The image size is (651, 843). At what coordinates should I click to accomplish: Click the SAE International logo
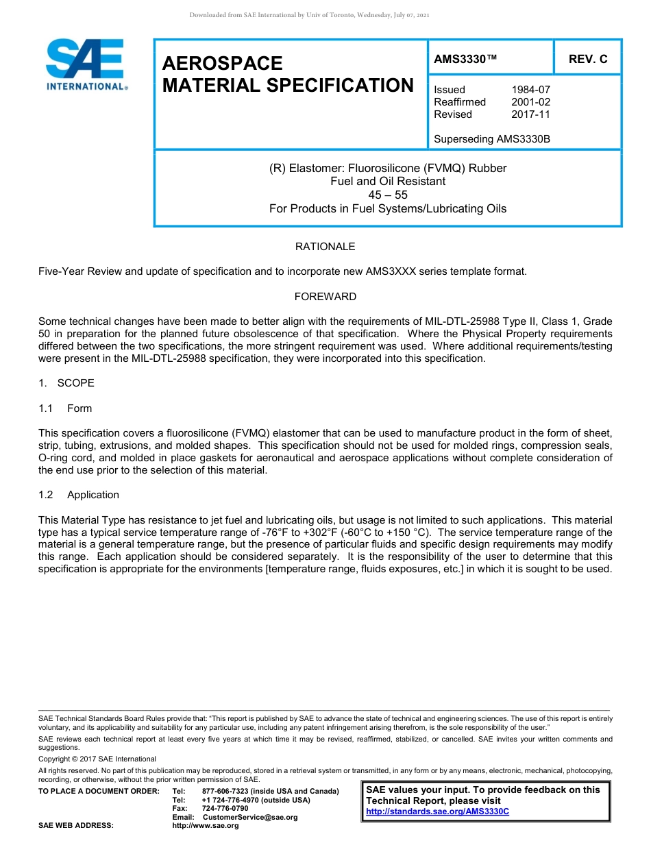pyautogui.click(x=86, y=65)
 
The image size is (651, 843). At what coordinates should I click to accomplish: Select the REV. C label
pyautogui.click(x=588, y=60)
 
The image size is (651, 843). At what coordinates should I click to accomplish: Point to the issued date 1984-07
pyautogui.click(x=530, y=90)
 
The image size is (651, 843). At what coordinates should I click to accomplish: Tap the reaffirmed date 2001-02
pyautogui.click(x=530, y=102)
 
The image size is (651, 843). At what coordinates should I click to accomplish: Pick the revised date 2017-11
pyautogui.click(x=530, y=114)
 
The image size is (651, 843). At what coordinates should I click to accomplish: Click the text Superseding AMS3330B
pyautogui.click(x=492, y=139)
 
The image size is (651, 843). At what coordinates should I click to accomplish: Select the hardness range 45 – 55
pyautogui.click(x=388, y=195)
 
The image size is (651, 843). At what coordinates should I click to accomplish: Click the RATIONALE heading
pyautogui.click(x=325, y=246)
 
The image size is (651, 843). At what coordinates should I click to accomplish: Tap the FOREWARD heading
pyautogui.click(x=325, y=297)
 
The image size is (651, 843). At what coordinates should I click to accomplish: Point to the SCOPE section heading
pyautogui.click(x=75, y=382)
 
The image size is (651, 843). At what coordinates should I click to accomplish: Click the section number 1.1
pyautogui.click(x=46, y=408)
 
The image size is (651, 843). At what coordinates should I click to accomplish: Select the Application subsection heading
pyautogui.click(x=93, y=495)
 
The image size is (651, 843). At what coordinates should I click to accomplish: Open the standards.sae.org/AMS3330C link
pyautogui.click(x=438, y=811)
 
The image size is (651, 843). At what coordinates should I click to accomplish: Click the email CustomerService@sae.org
pyautogui.click(x=250, y=817)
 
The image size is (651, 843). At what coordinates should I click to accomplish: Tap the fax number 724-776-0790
pyautogui.click(x=225, y=809)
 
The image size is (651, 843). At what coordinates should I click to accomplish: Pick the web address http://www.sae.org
pyautogui.click(x=206, y=825)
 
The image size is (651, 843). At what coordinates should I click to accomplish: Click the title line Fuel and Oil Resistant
pyautogui.click(x=388, y=182)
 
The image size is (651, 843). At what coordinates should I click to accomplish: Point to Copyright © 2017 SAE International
pyautogui.click(x=97, y=759)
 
